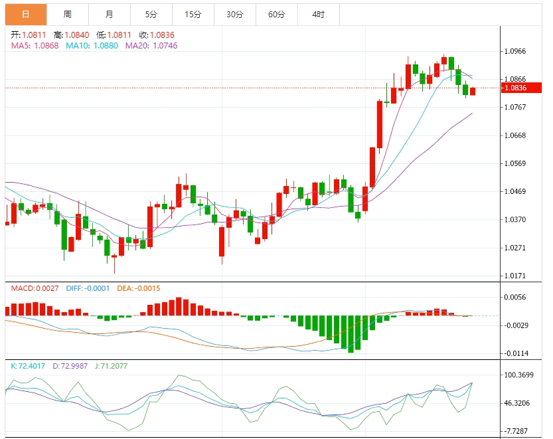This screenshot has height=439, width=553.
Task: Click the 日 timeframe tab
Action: [26, 14]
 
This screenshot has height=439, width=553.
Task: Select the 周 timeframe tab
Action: [68, 14]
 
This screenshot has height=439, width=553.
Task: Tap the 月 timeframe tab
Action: [110, 14]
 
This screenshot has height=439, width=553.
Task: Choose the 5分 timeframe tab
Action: [151, 14]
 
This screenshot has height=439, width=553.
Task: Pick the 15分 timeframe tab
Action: [193, 14]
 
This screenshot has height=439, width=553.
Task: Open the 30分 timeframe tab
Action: [234, 14]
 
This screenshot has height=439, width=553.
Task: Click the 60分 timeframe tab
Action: [276, 14]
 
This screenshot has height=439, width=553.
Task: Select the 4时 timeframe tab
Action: [318, 14]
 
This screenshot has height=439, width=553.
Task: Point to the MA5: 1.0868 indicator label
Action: [35, 45]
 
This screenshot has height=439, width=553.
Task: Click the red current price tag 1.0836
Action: [515, 88]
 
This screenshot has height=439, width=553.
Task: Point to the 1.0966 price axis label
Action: [515, 51]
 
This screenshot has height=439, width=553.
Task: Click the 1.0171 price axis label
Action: [515, 275]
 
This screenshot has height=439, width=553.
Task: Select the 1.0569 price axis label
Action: [515, 163]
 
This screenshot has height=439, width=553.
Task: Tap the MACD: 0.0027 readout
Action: [35, 288]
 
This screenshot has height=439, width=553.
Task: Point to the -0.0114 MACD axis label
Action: [515, 353]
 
